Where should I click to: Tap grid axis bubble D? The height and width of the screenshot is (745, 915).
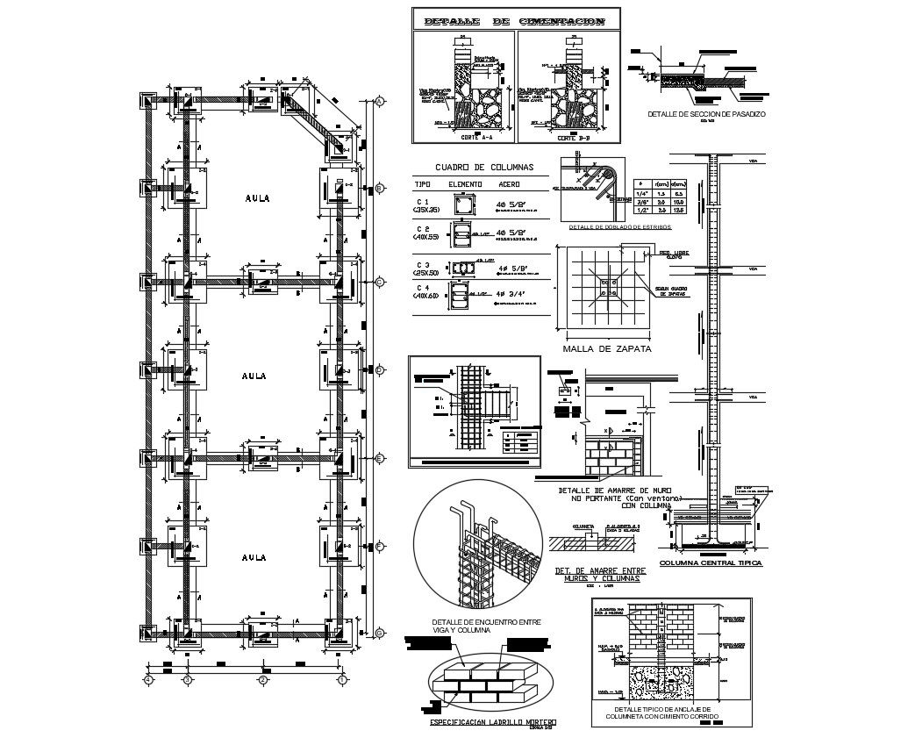(379, 370)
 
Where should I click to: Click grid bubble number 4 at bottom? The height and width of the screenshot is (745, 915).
(148, 679)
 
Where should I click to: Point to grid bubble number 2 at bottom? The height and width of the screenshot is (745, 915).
(262, 679)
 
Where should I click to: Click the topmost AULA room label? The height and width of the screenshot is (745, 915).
(257, 198)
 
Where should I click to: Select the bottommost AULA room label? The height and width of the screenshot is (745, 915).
(254, 556)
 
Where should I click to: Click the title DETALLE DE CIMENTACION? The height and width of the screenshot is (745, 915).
(513, 21)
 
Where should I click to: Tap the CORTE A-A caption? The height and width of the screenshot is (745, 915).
(476, 138)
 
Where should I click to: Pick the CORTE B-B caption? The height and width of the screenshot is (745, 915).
(571, 138)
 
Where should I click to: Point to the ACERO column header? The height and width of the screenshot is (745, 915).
(510, 184)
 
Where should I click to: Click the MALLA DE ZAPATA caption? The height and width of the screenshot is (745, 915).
(606, 348)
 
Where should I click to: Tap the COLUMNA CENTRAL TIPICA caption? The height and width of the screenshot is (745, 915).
(711, 562)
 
